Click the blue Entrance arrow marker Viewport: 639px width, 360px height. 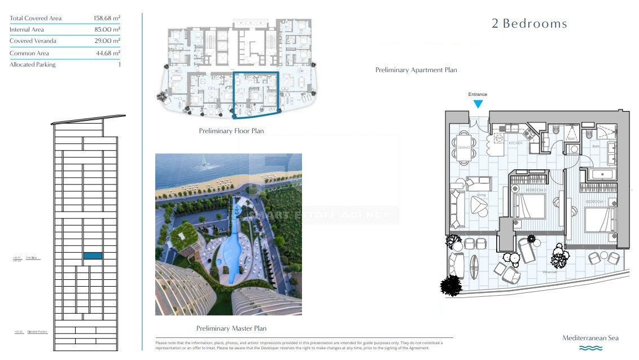478,104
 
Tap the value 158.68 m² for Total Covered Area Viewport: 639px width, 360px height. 107,18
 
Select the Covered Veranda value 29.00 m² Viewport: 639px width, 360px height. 107,41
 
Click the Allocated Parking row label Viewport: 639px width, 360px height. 33,65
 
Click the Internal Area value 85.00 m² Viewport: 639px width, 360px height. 107,29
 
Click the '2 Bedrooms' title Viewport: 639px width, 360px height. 529,24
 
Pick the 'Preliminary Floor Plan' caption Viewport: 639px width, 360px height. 231,131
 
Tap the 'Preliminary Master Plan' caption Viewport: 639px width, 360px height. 231,328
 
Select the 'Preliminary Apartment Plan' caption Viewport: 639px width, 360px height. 416,70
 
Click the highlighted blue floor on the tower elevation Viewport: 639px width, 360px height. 93,256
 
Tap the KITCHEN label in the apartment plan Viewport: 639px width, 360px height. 515,143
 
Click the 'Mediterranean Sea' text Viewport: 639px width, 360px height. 590,338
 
